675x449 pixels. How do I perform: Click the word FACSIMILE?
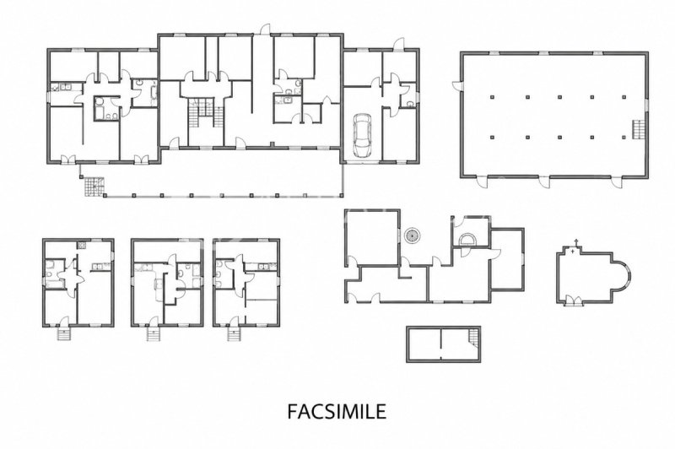[x=337, y=411]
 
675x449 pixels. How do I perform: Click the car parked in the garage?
[x=362, y=136]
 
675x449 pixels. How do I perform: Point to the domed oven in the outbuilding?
[x=467, y=239]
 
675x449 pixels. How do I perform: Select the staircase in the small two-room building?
[x=474, y=337]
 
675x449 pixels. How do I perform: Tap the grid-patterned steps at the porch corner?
[x=94, y=187]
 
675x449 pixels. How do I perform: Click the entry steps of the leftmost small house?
[x=63, y=333]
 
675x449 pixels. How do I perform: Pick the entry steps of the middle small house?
[x=154, y=333]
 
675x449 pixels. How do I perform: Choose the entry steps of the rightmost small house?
[x=234, y=333]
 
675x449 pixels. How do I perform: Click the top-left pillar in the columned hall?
[x=492, y=97]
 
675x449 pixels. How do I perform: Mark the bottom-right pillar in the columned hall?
[x=624, y=138]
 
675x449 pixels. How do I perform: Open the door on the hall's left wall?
[x=456, y=85]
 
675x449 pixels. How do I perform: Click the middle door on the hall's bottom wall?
[x=544, y=181]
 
